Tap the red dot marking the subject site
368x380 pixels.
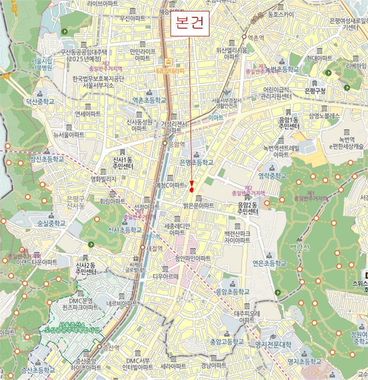pyautogui.click(x=192, y=189)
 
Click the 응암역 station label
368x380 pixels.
pyautogui.click(x=176, y=144)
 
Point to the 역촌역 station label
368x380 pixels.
pyautogui.click(x=255, y=37)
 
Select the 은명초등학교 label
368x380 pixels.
pyautogui.click(x=196, y=162)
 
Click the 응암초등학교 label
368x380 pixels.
pyautogui.click(x=232, y=292)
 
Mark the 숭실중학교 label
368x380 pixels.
pyautogui.click(x=52, y=223)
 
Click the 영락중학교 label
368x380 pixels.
pyautogui.click(x=272, y=176)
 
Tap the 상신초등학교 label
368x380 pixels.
pyautogui.click(x=47, y=159)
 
